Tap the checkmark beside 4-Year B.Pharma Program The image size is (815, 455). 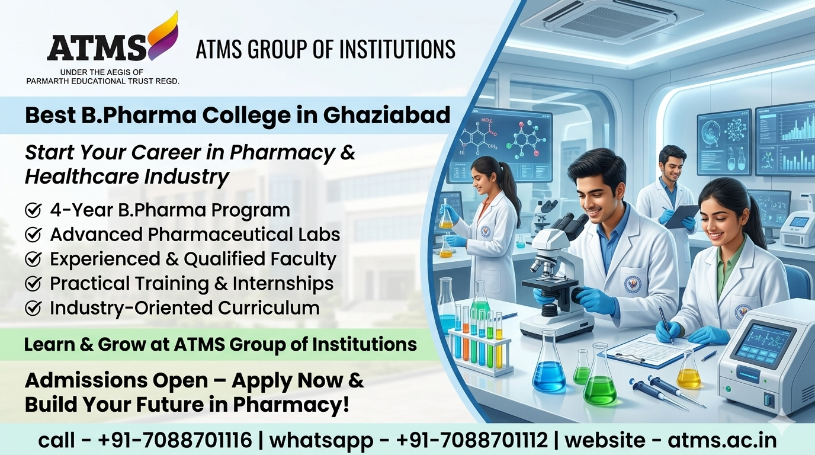(x=33, y=210)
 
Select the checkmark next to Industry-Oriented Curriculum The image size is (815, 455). (x=33, y=308)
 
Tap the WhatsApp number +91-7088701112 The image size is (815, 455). (x=472, y=440)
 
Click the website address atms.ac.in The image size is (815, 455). (x=721, y=440)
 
